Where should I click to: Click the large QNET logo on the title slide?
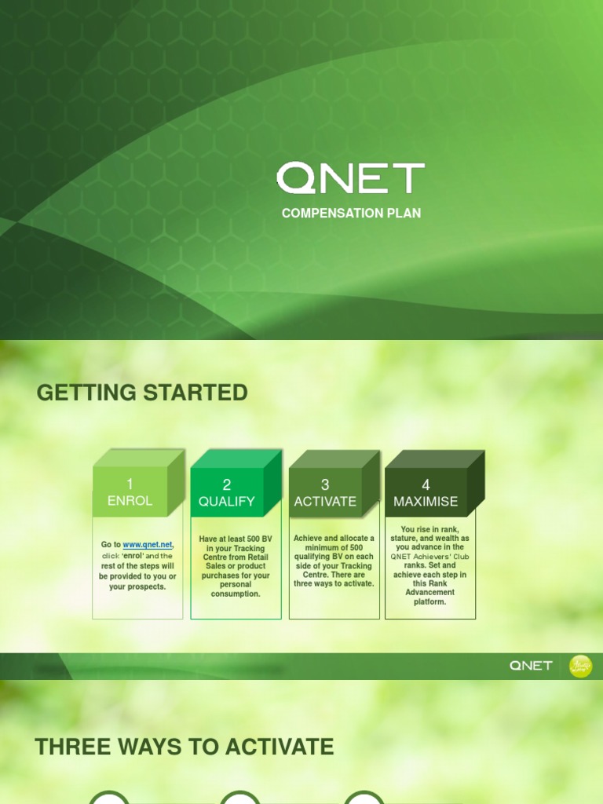tap(350, 178)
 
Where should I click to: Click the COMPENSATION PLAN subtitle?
tap(351, 214)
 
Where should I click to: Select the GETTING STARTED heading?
tap(142, 393)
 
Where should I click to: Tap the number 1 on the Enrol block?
tap(130, 484)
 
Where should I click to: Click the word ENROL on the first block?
tap(130, 501)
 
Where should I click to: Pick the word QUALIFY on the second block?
tap(226, 501)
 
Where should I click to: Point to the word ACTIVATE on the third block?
tap(325, 501)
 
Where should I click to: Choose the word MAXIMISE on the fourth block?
tap(426, 501)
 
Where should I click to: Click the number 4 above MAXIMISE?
tap(426, 484)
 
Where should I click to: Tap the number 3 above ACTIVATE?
tap(325, 484)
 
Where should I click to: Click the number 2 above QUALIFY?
tap(226, 484)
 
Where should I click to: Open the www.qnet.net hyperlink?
tap(148, 545)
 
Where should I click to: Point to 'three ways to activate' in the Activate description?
tap(334, 584)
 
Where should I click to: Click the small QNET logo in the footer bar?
tap(531, 666)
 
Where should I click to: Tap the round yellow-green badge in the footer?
tap(580, 666)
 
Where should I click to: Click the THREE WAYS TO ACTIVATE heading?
tap(185, 747)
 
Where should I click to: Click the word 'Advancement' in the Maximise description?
tap(429, 593)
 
